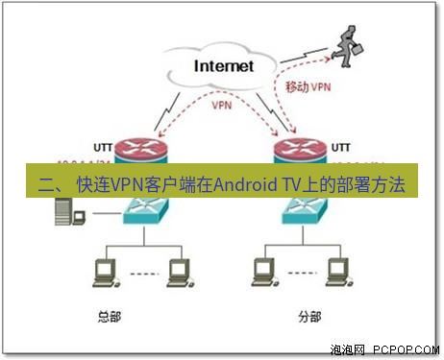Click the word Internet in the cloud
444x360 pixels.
point(224,66)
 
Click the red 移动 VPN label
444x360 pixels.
point(309,86)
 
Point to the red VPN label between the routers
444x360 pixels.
point(222,106)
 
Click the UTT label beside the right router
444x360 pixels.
point(341,148)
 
